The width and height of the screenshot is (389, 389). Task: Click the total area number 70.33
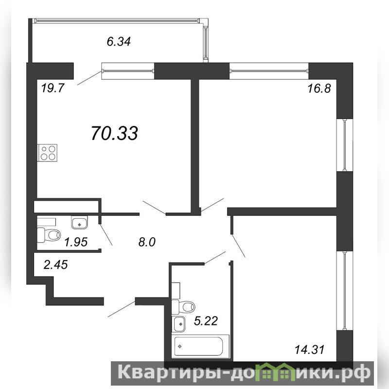[114, 133]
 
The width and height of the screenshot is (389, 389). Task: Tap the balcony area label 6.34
[119, 41]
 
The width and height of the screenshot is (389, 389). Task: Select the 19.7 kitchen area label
[53, 88]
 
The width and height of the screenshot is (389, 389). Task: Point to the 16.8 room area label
[319, 88]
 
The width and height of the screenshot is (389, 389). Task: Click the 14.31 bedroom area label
[309, 350]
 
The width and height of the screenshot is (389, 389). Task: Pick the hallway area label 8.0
[147, 242]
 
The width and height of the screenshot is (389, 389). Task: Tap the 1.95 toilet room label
[76, 242]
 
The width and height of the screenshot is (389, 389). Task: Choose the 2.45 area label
[55, 265]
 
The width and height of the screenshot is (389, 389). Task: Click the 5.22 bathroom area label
[206, 321]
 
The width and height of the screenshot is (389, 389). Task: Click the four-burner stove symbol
[47, 153]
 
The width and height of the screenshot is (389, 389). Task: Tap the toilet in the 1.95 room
[49, 235]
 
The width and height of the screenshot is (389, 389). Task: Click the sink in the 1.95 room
[79, 222]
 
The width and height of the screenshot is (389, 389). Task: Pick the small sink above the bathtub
[179, 324]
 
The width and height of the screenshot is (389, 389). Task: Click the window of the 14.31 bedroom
[345, 290]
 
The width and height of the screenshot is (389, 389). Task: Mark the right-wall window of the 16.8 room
[345, 145]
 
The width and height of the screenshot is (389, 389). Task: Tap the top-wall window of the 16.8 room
[269, 71]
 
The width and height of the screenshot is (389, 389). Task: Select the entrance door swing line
[122, 309]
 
